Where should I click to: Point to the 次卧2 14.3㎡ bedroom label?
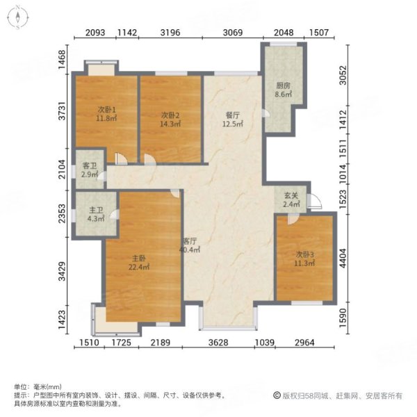(170, 119)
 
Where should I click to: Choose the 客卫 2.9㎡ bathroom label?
(90, 170)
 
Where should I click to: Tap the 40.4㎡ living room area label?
(190, 250)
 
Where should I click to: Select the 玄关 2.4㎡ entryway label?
(291, 199)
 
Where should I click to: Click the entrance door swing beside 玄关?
(314, 204)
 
